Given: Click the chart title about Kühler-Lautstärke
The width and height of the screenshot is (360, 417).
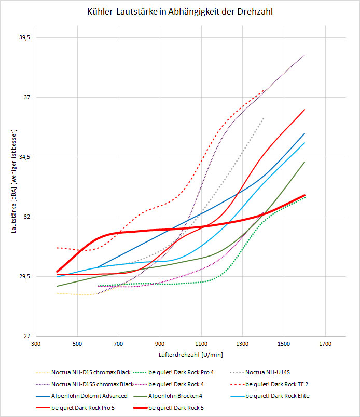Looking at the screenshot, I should coord(179,11).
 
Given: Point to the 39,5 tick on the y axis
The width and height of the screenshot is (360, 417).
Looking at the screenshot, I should coord(23,38).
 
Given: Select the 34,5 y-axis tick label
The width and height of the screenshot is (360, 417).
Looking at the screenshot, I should coord(23,157).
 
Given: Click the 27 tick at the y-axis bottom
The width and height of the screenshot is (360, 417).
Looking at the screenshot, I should coord(26,336).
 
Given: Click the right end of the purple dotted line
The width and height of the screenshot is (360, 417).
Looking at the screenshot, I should coord(304,54).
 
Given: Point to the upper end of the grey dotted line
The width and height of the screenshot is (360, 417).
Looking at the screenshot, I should coord(264,118).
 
